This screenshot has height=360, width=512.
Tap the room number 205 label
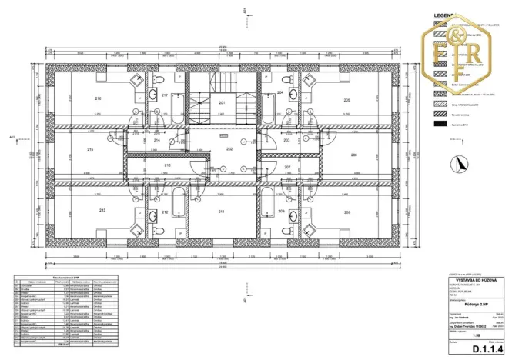(x=347, y=100)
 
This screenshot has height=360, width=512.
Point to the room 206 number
(x=354, y=155)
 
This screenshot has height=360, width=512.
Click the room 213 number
(x=102, y=210)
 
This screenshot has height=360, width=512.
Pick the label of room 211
(x=221, y=212)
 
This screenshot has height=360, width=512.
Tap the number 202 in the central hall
(x=229, y=148)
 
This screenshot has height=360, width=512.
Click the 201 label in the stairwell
(x=221, y=102)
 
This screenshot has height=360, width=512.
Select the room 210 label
(x=167, y=165)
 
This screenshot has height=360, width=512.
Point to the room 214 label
(x=156, y=141)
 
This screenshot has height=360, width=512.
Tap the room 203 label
(x=286, y=141)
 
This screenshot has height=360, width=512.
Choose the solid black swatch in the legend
(x=440, y=123)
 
